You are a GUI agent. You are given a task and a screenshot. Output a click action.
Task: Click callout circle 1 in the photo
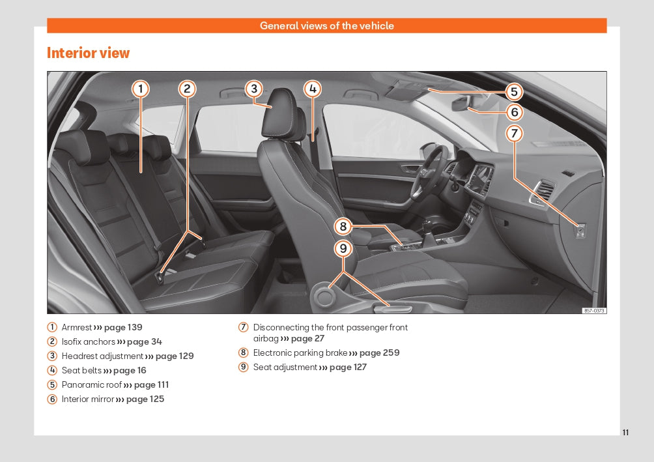coord(141,89)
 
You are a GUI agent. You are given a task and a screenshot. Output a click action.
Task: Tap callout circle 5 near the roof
coord(513,92)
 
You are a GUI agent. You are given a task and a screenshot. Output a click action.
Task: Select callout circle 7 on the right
coord(514,134)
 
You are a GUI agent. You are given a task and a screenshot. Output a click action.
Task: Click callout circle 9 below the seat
coord(343,248)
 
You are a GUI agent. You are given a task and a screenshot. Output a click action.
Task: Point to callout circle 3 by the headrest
coord(254,89)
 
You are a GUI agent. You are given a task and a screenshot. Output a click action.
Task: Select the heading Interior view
coord(88,53)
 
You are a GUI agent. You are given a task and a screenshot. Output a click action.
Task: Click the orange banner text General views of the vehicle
coord(326,26)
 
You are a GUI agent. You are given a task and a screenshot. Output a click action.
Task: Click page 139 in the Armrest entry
coord(123,327)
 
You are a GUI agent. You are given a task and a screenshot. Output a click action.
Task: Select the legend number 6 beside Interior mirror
coord(52,399)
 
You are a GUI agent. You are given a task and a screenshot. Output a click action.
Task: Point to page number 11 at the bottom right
coord(625,433)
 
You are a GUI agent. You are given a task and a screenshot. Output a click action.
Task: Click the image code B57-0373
coord(593,311)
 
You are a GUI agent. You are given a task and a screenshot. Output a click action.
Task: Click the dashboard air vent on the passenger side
coord(543,192)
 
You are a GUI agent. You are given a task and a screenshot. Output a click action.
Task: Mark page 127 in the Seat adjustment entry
coord(348,367)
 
